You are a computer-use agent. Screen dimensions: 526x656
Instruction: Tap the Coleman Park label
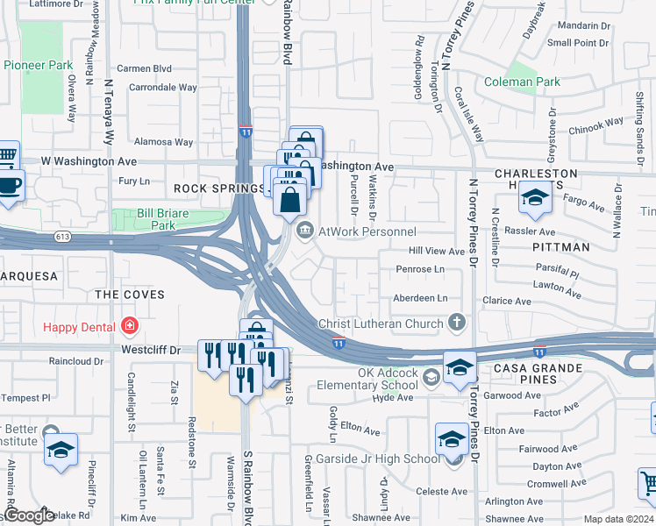[x=522, y=82]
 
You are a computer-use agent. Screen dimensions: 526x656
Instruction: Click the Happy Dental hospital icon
[x=130, y=327]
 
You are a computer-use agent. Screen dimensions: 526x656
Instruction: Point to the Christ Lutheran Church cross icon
[x=456, y=323]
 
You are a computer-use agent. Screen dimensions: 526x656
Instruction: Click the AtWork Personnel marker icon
[x=304, y=231]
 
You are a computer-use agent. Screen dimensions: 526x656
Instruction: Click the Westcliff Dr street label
[x=152, y=349]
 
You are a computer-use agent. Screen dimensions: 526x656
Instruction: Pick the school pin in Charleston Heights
[x=535, y=198]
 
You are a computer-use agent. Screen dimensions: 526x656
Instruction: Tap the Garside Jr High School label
[x=384, y=458]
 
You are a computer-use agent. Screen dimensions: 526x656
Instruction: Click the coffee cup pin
[x=11, y=186]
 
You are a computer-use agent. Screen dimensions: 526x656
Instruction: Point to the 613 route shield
[x=61, y=236]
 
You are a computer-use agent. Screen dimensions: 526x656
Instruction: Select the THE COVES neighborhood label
[x=129, y=295]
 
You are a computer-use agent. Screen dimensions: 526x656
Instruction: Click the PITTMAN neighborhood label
[x=561, y=247]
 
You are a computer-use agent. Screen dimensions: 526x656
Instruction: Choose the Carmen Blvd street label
[x=144, y=68]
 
